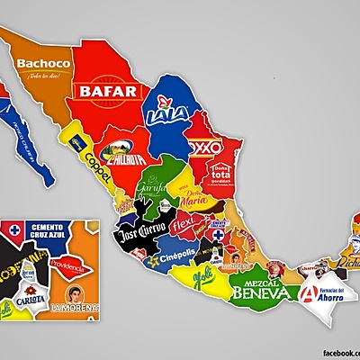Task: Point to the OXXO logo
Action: point(206,145)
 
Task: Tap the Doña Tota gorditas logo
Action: point(222,173)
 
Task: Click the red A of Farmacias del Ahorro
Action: point(310,293)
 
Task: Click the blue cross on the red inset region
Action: point(13,233)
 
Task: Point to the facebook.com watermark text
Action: point(338,353)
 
